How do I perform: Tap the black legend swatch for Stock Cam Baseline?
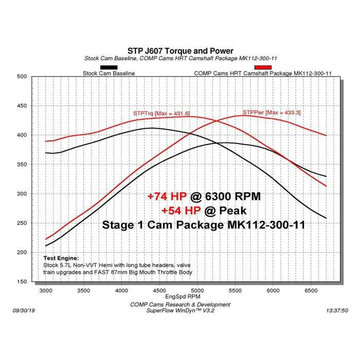pos(109,67)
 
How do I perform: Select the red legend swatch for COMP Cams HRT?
pos(262,67)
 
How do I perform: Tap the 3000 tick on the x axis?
pos(46,291)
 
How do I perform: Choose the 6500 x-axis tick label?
pos(311,291)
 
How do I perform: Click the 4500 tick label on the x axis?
pos(159,291)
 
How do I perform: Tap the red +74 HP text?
pos(166,196)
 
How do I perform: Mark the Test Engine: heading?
pos(61,258)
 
